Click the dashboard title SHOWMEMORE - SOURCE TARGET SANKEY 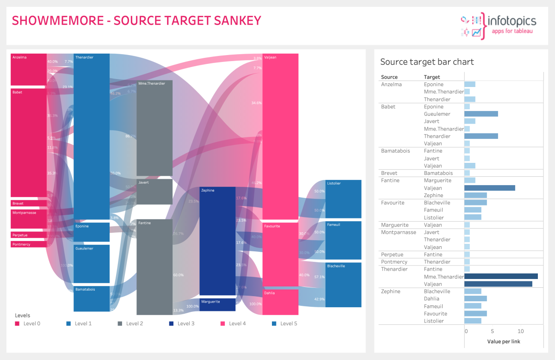coord(136,21)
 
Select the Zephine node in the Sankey coord(217,241)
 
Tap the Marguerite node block coord(217,304)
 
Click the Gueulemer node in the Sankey coord(92,264)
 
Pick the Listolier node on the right coord(343,199)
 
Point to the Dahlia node coord(280,302)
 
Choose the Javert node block coord(154,192)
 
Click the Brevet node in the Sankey coord(28,203)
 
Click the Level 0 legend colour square coord(17,323)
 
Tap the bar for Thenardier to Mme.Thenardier coord(501,276)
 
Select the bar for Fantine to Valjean coord(489,188)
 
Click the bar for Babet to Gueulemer coord(481,114)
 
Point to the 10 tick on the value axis coord(521,331)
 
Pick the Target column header coord(432,77)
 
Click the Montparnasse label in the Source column coord(398,232)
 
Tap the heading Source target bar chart coord(426,62)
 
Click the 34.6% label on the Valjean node coord(256,103)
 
